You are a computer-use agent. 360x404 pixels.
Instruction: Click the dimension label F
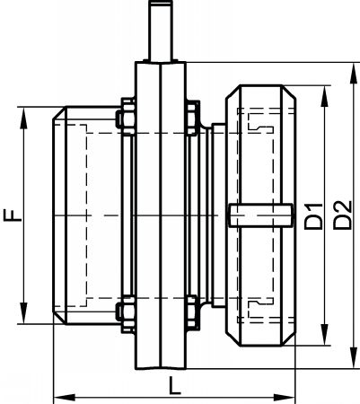coord(13,215)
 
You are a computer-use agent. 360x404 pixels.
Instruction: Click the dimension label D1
coord(313,216)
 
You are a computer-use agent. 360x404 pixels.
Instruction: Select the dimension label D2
coord(343,215)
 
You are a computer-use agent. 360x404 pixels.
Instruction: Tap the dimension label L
coord(174,385)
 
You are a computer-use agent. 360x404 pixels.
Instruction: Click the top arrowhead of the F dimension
coord(23,119)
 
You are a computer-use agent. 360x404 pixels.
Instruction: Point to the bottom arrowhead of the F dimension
coord(23,312)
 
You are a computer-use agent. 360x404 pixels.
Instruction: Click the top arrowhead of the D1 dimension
coord(324,96)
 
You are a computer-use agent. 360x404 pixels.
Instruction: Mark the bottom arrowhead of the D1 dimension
coord(324,334)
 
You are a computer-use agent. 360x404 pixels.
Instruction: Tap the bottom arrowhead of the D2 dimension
coord(354,358)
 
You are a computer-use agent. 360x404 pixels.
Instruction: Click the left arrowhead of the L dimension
coord(64,398)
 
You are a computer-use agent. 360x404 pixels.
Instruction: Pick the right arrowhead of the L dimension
coord(285,398)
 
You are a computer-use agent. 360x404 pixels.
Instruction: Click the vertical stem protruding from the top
coord(161,30)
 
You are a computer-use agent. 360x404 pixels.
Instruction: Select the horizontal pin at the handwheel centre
coord(260,215)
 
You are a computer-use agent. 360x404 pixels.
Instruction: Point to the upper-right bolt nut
coord(192,118)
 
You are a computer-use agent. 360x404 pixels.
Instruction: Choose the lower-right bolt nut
coord(192,312)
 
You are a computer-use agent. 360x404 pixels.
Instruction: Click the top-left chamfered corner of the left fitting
coord(59,113)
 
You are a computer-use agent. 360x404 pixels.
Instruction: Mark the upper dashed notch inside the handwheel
coord(260,122)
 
